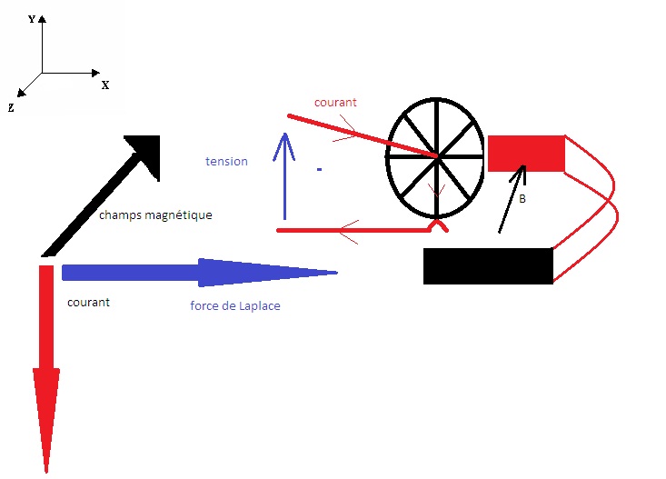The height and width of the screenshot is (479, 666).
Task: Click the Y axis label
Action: [x=32, y=18]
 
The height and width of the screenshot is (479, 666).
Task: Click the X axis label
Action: [x=105, y=85]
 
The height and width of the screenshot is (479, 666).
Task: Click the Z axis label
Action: [x=11, y=107]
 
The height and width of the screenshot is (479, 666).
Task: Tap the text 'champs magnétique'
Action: [x=154, y=215]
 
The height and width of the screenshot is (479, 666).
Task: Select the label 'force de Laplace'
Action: [x=234, y=305]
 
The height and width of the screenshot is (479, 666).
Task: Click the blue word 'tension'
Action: [x=226, y=161]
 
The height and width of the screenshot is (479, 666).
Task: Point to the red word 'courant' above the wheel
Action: [x=335, y=103]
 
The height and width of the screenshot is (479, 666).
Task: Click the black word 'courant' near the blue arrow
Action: [x=88, y=302]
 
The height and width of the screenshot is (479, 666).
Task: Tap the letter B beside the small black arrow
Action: [x=522, y=197]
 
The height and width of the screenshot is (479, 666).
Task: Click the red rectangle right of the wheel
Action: [x=527, y=153]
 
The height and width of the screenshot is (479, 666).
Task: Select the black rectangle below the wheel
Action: [x=488, y=265]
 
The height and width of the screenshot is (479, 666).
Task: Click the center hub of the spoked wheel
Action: [x=438, y=157]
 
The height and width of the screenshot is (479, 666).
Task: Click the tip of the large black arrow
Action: [x=158, y=137]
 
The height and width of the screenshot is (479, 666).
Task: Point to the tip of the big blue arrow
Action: [x=335, y=272]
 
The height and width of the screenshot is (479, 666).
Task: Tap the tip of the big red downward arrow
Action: [x=46, y=471]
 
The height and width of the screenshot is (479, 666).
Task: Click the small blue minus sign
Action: [x=320, y=169]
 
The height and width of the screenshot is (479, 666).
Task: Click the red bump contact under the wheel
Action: [x=438, y=221]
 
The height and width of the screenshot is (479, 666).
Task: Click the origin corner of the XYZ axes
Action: [x=42, y=72]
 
